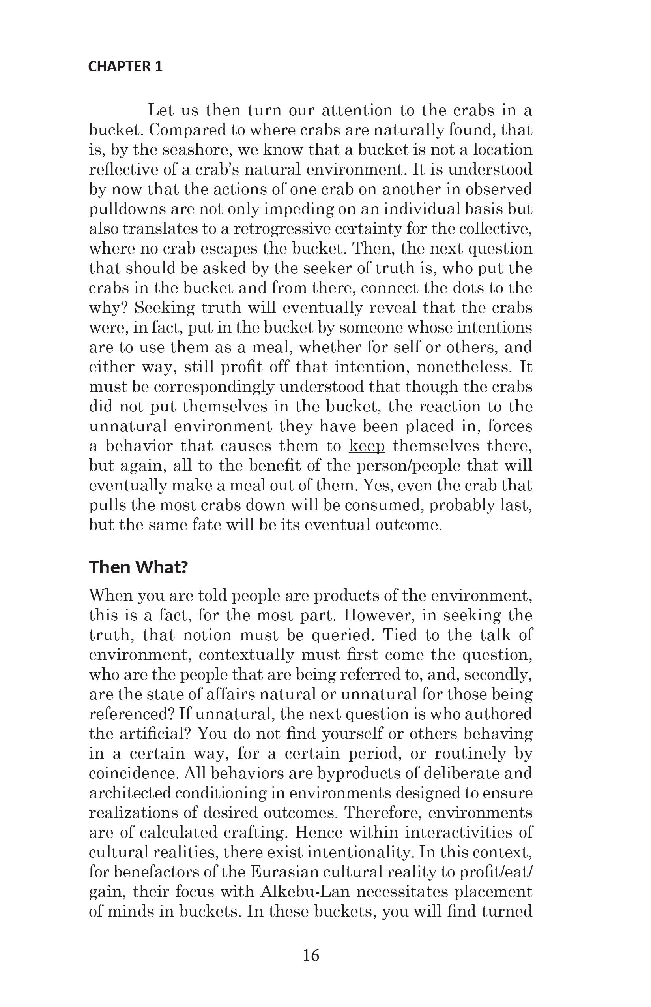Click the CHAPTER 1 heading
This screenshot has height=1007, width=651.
click(x=125, y=67)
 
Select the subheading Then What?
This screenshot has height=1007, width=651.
click(x=138, y=567)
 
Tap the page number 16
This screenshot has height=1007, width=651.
click(x=311, y=955)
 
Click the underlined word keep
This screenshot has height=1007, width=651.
click(x=367, y=446)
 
